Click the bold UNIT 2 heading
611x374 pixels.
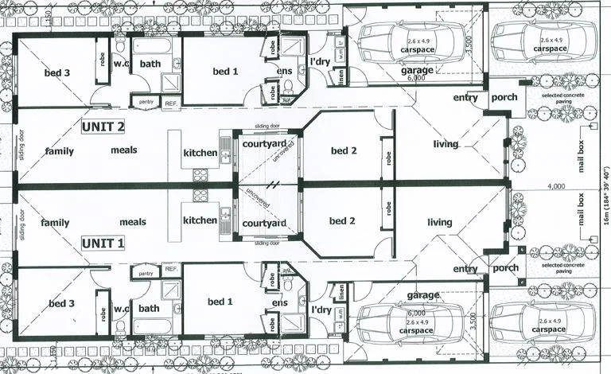103,127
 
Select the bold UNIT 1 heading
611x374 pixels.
103,243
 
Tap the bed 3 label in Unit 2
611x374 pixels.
57,72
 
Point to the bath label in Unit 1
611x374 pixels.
150,308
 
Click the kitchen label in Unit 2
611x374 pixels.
200,152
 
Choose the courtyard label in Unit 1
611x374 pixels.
264,224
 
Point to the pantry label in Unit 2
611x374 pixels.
146,102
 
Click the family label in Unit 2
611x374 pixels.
59,150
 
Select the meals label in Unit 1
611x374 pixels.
132,223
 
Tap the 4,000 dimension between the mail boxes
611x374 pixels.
556,187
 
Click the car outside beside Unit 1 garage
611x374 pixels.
543,324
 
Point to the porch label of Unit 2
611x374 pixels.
504,98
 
